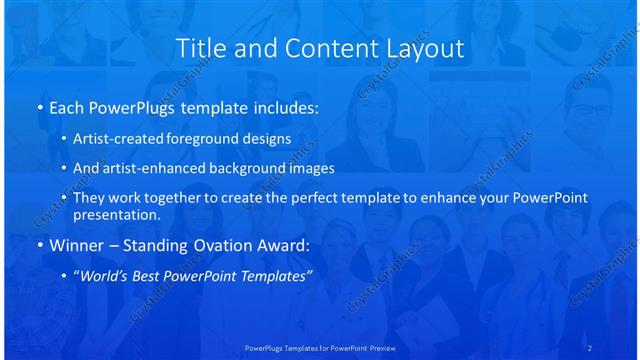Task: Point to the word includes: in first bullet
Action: click(x=284, y=107)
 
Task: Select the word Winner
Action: click(x=75, y=245)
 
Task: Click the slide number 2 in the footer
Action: click(x=589, y=348)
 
